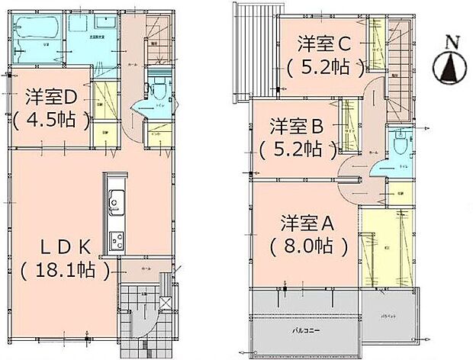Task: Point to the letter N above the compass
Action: tap(450, 41)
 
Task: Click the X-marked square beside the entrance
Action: tap(166, 302)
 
